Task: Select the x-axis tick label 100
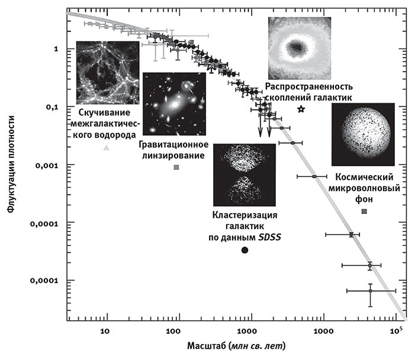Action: [176, 330]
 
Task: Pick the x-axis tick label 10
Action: [106, 330]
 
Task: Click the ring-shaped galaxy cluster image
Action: [298, 48]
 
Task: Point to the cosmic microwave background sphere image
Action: [363, 134]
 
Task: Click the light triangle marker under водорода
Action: [106, 147]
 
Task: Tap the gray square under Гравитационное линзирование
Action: [176, 168]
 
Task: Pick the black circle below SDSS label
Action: [245, 250]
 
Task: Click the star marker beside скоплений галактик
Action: [301, 110]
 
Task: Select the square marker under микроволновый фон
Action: [364, 211]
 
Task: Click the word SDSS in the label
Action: [270, 237]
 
